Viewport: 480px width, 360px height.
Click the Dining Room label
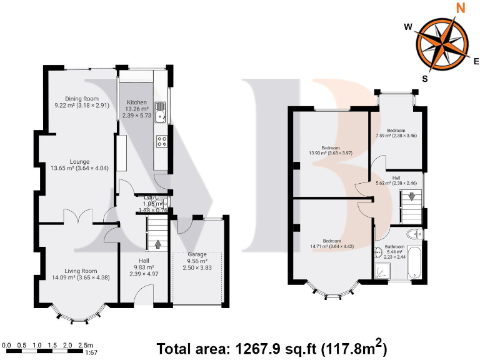point(82,98)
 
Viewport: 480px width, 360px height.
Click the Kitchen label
point(137,102)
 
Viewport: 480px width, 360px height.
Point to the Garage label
point(197,255)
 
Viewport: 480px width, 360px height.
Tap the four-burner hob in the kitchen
point(161,141)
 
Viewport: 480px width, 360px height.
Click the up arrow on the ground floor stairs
point(157,244)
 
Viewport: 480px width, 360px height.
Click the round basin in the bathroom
point(377,253)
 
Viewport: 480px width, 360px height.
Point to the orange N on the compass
point(461,8)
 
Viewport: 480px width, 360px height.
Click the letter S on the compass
point(425,78)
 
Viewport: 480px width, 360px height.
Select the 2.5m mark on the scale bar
point(86,345)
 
